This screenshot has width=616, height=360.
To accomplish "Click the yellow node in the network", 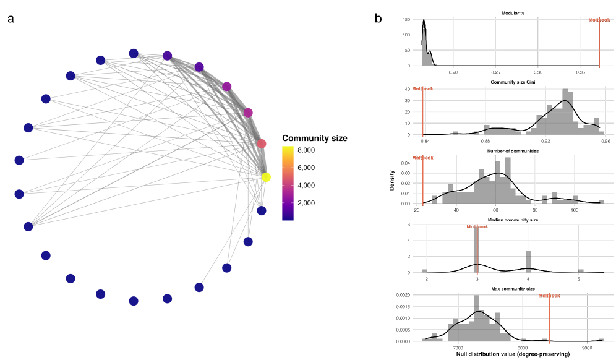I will click(266, 177).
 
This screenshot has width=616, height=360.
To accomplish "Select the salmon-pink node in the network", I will click(261, 144).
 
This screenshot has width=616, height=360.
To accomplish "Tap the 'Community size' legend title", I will click(314, 138).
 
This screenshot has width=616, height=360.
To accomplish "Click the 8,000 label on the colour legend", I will click(307, 150).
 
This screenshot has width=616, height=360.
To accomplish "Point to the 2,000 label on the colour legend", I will click(307, 203).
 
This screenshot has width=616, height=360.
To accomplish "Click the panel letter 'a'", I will click(11, 19).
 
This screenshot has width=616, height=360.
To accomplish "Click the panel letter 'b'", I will click(379, 19).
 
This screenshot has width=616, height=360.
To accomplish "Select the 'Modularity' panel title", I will click(513, 13).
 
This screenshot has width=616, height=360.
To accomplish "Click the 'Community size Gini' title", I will click(513, 82).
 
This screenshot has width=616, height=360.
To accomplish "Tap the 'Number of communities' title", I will click(513, 151).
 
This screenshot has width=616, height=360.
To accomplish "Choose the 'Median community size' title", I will click(513, 220).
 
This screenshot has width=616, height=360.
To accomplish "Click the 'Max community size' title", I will click(513, 289).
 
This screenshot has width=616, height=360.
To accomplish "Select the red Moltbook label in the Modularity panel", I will click(599, 20).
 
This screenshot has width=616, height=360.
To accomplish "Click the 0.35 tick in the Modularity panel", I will click(582, 72).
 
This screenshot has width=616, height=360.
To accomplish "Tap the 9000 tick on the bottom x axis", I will click(587, 348).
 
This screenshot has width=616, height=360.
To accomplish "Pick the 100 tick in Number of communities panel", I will click(575, 210).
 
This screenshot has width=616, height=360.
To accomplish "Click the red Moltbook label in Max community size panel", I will click(549, 296).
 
